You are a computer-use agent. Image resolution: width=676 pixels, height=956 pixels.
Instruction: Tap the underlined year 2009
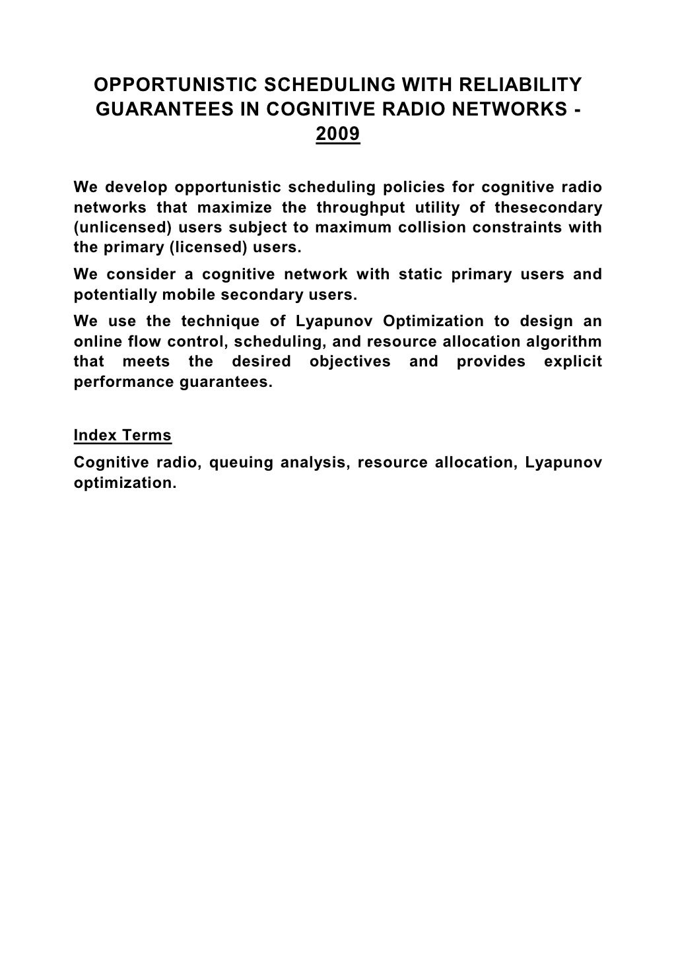(338, 135)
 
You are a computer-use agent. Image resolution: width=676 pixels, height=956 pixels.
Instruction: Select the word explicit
(573, 362)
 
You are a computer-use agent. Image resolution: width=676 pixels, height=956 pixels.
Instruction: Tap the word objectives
(350, 362)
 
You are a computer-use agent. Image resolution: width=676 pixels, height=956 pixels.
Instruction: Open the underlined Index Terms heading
(123, 436)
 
